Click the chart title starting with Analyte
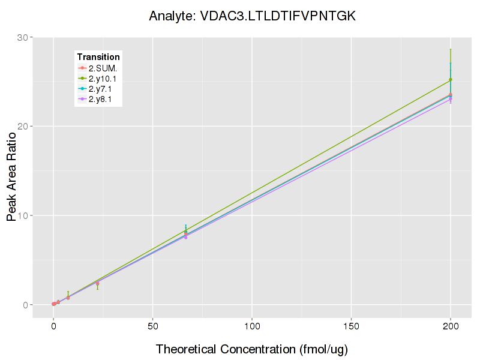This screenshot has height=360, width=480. (253, 17)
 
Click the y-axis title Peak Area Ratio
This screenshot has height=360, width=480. (12, 171)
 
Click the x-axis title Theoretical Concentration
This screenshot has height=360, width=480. (252, 349)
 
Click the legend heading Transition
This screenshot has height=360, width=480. (98, 57)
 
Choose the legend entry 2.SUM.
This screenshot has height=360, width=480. (103, 68)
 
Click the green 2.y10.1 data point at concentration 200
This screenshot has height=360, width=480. (451, 80)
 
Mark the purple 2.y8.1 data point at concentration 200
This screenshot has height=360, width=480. (451, 98)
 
